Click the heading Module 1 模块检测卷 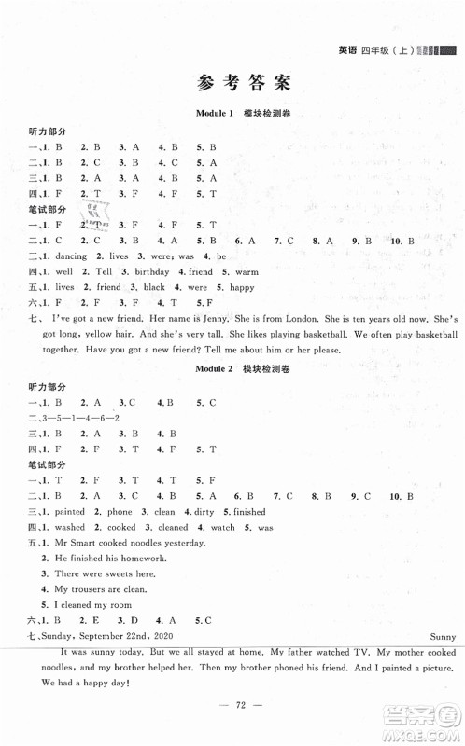(232, 113)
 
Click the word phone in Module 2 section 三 (119, 512)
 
